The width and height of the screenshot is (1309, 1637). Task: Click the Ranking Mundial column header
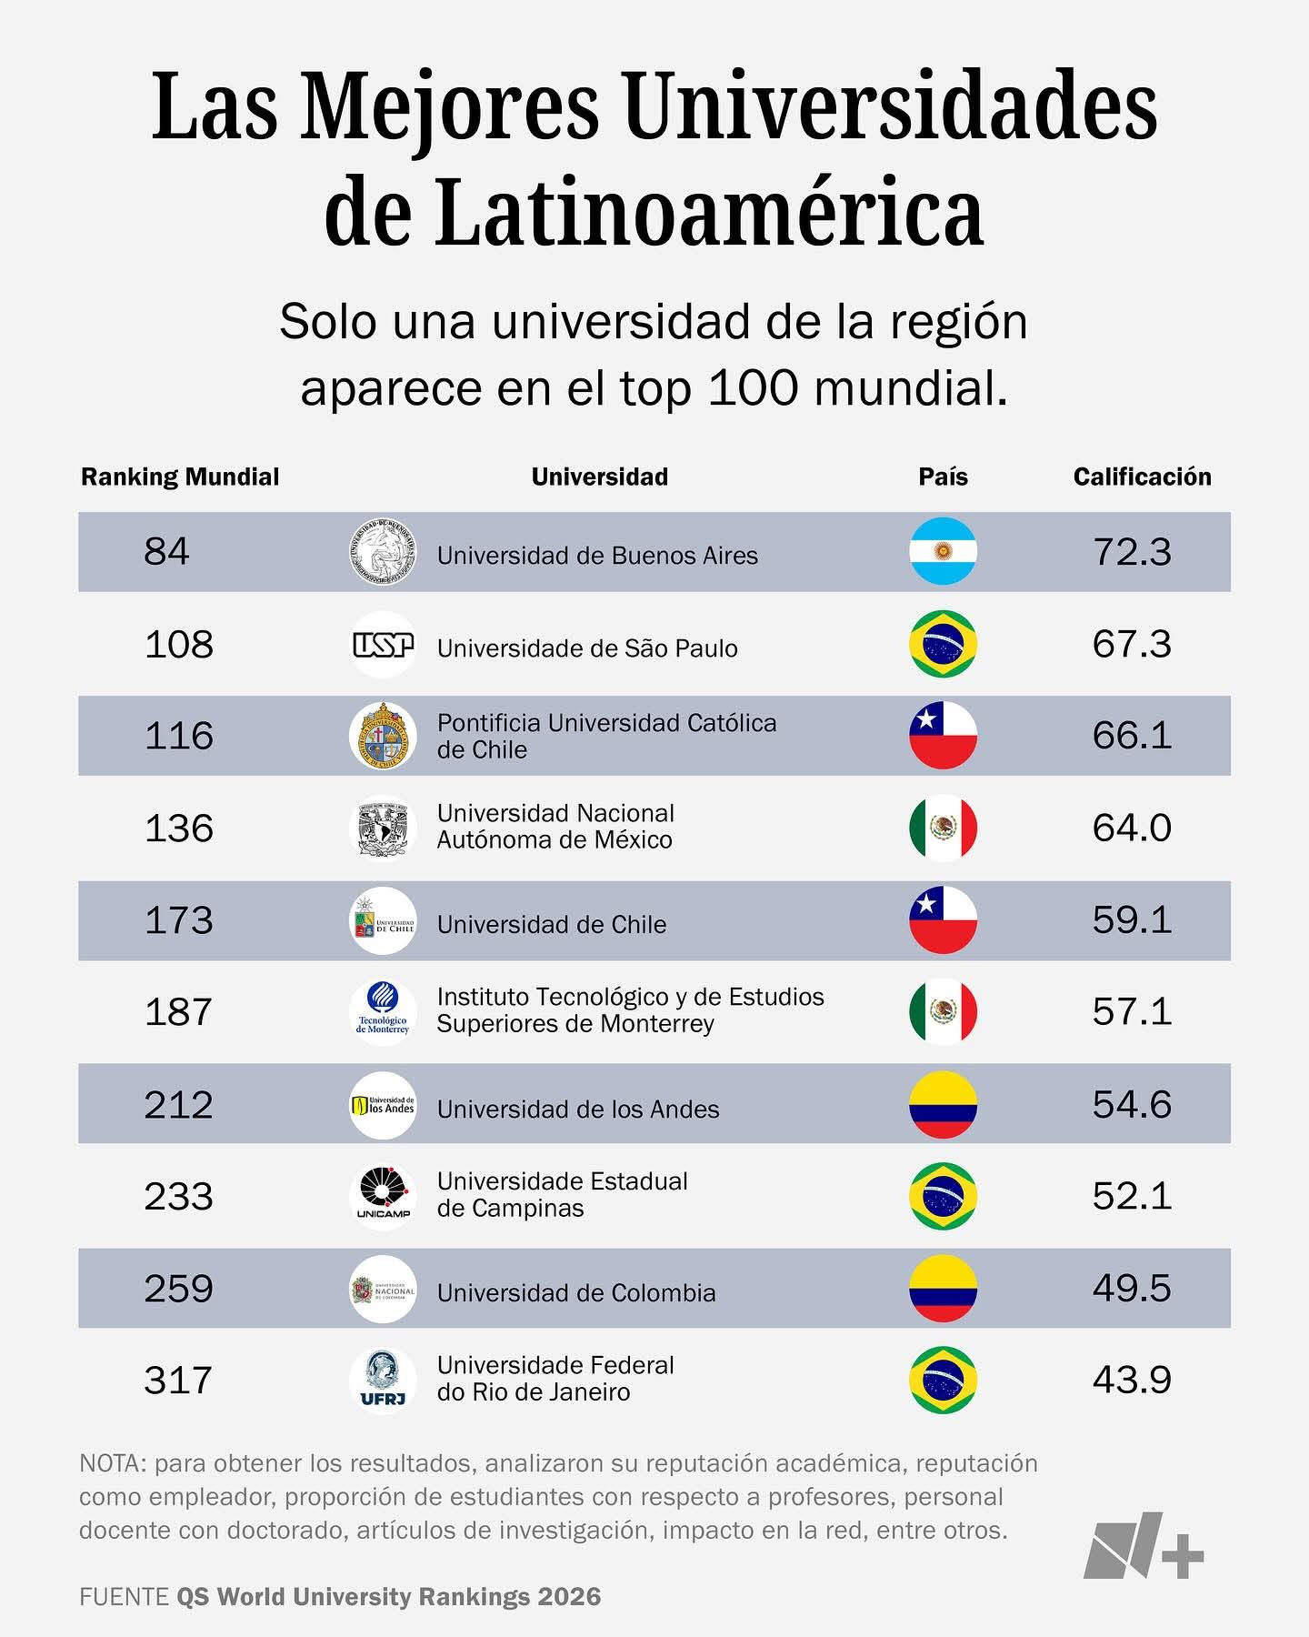180,477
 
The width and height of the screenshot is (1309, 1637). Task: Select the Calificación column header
1142,477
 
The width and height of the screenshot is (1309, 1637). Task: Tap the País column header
943,477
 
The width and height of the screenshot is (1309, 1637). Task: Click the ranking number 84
166,551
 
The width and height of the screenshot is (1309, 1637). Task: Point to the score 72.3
1132,552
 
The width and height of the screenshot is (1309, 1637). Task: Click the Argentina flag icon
943,551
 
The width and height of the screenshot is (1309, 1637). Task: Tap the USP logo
383,645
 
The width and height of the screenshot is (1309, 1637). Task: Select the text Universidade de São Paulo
587,648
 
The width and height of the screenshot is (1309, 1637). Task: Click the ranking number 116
179,736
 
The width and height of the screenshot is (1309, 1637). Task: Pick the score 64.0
1132,828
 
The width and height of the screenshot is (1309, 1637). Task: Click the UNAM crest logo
383,828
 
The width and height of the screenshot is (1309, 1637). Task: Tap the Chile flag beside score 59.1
943,919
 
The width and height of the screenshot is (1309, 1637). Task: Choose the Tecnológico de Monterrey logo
383,1012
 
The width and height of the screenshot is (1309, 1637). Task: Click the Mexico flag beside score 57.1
943,1011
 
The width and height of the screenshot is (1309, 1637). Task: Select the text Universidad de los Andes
578,1110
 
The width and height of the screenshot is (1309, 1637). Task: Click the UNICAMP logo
383,1196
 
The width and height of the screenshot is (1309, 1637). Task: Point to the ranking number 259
178,1288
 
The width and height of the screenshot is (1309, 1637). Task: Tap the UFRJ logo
383,1380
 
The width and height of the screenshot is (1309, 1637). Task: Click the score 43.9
1132,1380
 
